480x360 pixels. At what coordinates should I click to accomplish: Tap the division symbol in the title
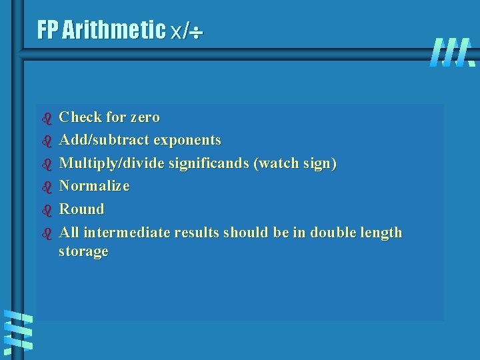click(x=195, y=31)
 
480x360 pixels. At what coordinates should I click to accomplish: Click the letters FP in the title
click(x=48, y=30)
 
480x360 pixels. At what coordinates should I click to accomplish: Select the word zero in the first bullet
click(x=145, y=117)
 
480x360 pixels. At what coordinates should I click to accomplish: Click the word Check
click(x=79, y=117)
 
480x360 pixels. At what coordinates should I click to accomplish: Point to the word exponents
click(x=187, y=141)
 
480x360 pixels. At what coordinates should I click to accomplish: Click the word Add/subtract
click(x=105, y=141)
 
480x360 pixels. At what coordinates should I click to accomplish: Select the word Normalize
click(x=94, y=186)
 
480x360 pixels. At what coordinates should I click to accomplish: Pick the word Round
click(x=82, y=209)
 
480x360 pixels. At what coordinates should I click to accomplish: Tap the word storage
click(x=83, y=252)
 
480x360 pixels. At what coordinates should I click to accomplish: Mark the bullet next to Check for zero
click(x=47, y=119)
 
